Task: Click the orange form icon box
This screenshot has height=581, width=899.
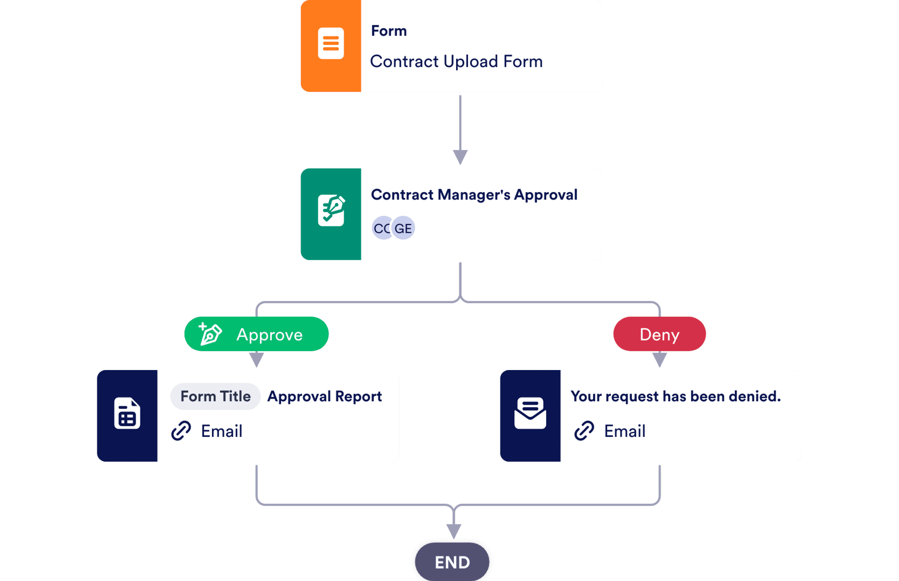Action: tap(331, 46)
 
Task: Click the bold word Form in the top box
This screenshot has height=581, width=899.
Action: tap(389, 31)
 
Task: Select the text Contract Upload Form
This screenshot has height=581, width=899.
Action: tap(456, 61)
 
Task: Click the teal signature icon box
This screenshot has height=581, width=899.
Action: tap(331, 214)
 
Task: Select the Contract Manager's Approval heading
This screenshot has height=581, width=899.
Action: tap(474, 195)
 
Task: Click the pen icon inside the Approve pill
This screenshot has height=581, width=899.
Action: tap(210, 334)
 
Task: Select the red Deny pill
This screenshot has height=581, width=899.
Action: tap(660, 334)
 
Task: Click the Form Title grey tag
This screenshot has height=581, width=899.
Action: tap(215, 396)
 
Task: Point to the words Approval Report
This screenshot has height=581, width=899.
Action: tap(324, 396)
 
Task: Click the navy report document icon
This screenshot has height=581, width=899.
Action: tap(127, 413)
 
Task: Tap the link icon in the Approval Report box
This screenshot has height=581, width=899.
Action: tap(181, 431)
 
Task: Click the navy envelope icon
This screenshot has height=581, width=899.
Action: tap(530, 413)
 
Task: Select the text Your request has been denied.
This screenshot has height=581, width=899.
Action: tap(676, 396)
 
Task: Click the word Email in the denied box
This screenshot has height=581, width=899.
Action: tap(624, 431)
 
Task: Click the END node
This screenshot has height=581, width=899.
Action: tap(452, 562)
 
